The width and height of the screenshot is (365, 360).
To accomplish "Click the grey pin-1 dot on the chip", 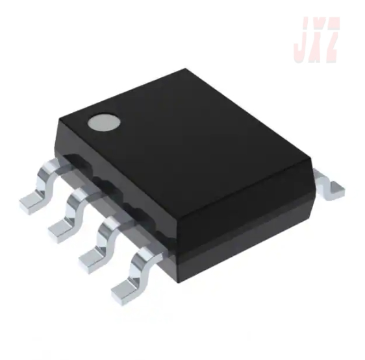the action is tap(105, 123).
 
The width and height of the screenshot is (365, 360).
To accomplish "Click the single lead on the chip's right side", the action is tap(329, 184).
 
